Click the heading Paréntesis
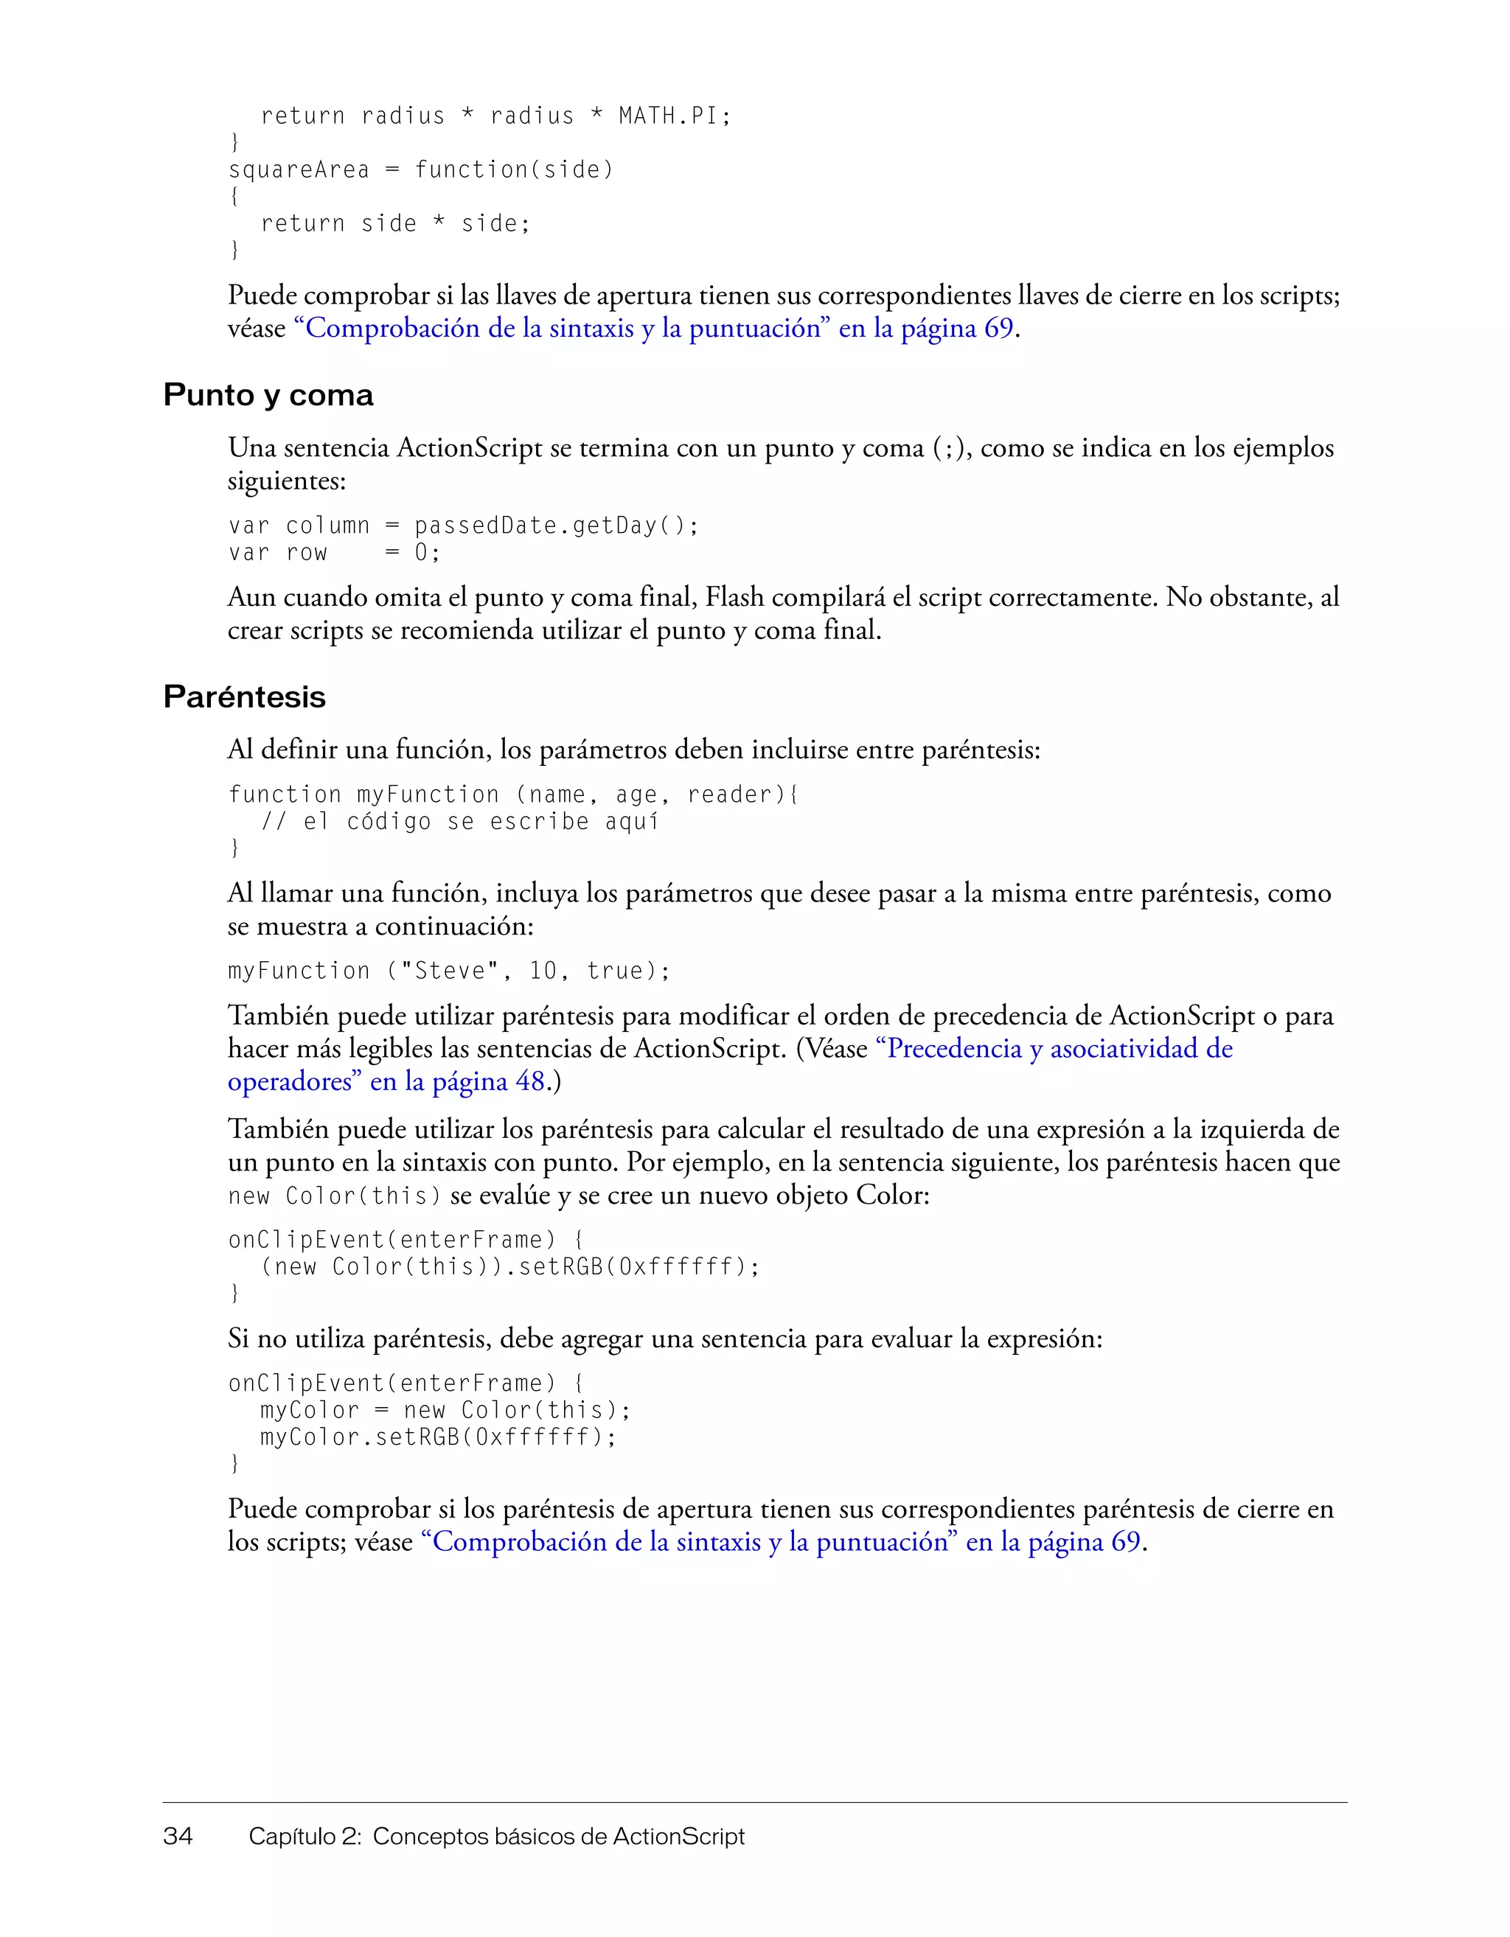point(244,697)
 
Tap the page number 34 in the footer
point(178,1836)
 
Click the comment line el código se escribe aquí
point(459,822)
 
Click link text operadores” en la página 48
point(385,1082)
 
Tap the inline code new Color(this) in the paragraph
point(333,1196)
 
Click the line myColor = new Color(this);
point(445,1411)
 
